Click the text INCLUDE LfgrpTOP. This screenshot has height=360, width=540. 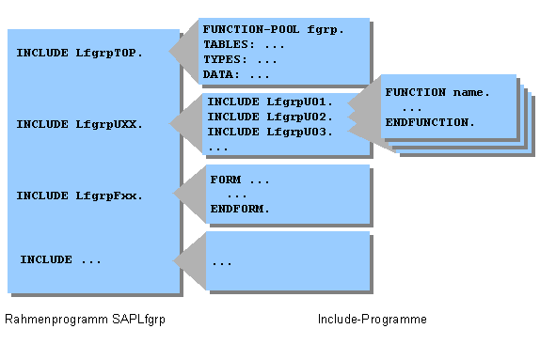pos(79,53)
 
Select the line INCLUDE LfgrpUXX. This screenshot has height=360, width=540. pos(79,124)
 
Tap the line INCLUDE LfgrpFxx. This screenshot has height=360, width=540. pos(79,196)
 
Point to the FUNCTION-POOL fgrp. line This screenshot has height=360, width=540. pos(274,29)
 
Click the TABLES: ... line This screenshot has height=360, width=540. pos(244,44)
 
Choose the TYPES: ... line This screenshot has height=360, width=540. pos(240,59)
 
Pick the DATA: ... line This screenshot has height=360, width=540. pos(236,74)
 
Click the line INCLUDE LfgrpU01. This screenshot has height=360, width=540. pos(271,102)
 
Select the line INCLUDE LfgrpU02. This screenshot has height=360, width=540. pos(271,117)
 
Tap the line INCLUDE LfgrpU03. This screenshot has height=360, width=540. pos(271,132)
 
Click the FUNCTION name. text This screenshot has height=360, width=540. pos(437,92)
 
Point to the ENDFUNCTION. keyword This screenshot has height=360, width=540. pos(430,122)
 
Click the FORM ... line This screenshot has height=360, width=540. pos(240,179)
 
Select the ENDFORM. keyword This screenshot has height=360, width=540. pos(240,209)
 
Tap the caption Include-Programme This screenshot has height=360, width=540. pos(373,320)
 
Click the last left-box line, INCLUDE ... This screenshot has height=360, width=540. pos(60,259)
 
